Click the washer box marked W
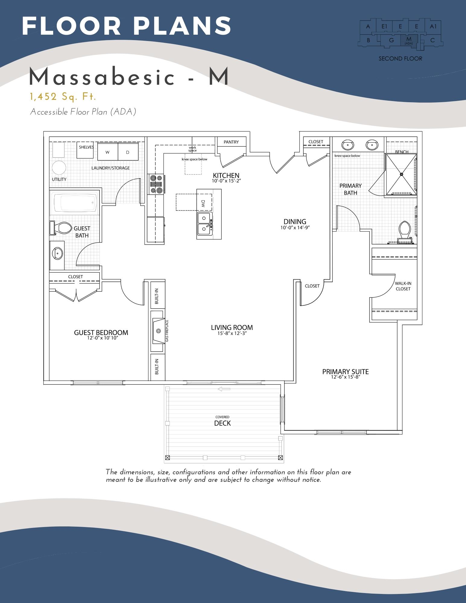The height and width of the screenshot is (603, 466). (107, 152)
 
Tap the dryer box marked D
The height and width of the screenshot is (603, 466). (128, 152)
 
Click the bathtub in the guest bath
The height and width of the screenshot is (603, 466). (76, 202)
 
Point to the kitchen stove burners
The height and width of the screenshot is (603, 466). (156, 184)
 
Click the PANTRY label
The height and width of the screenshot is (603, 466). (231, 142)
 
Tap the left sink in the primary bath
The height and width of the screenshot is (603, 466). (348, 145)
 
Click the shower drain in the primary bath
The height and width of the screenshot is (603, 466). (401, 174)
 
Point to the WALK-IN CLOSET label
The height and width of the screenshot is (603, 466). (403, 286)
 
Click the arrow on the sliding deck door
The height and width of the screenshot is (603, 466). (224, 389)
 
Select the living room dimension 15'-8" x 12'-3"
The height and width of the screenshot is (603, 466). (232, 333)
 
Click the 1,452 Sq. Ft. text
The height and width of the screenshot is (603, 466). (63, 97)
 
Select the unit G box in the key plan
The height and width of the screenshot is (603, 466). (392, 40)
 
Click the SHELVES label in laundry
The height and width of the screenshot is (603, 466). (86, 147)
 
